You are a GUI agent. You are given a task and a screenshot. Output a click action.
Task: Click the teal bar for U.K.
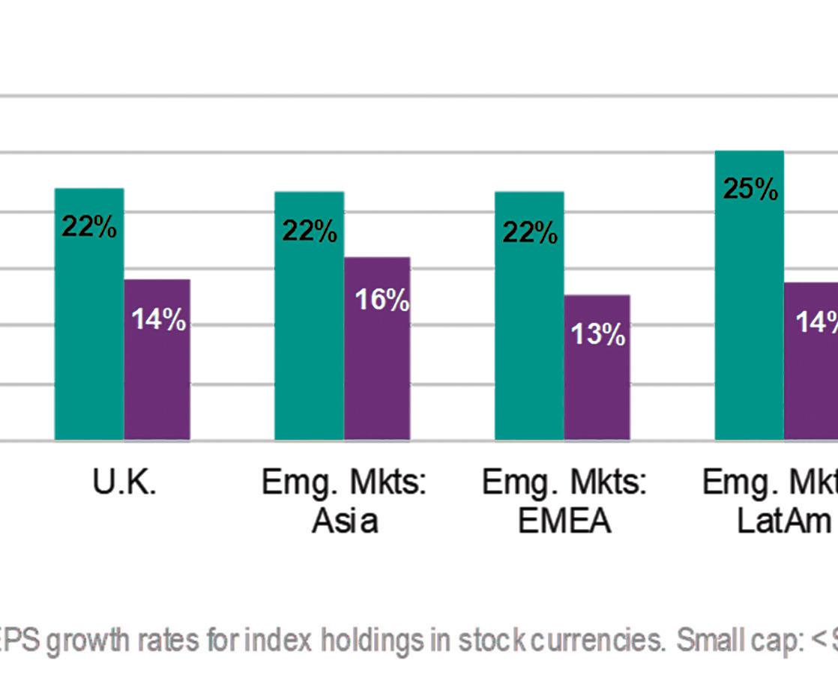pyautogui.click(x=89, y=337)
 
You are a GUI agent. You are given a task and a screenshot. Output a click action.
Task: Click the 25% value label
pyautogui.click(x=750, y=189)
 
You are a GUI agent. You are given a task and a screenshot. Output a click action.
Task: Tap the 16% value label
pyautogui.click(x=382, y=300)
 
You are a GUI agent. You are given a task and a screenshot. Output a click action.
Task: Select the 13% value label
pyautogui.click(x=598, y=334)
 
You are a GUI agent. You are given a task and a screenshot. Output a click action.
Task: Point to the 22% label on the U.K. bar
pyautogui.click(x=89, y=226)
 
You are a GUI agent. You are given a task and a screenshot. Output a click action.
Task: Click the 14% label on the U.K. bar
pyautogui.click(x=158, y=320)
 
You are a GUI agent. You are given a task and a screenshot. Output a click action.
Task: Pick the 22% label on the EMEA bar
pyautogui.click(x=530, y=233)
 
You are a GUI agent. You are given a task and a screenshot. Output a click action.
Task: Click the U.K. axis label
pyautogui.click(x=124, y=483)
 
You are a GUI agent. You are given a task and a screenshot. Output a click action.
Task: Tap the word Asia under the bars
pyautogui.click(x=344, y=521)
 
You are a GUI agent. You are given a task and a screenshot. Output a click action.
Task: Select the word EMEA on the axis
pyautogui.click(x=564, y=521)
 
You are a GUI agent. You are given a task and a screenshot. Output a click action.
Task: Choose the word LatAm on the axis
pyautogui.click(x=784, y=521)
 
